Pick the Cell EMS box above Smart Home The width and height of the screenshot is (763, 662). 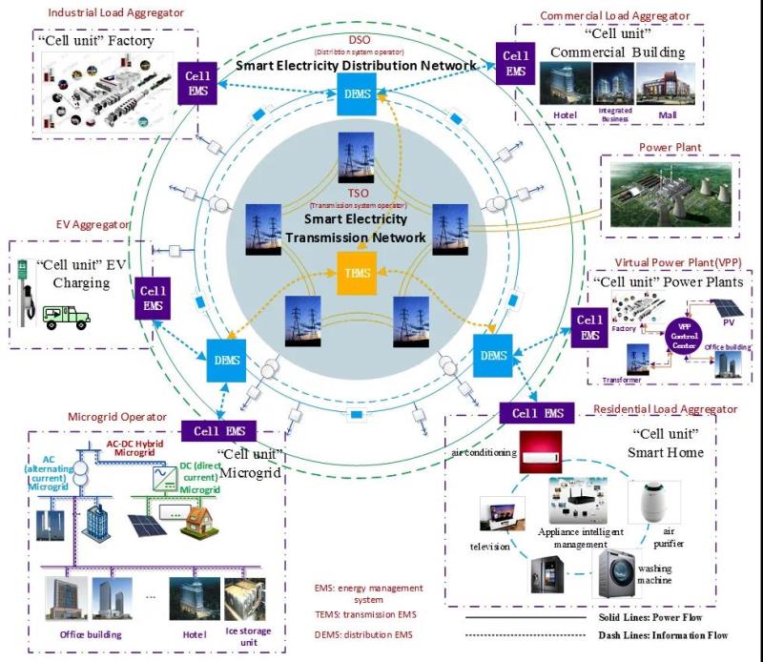pyautogui.click(x=538, y=413)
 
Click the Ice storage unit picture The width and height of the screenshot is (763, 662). pyautogui.click(x=245, y=599)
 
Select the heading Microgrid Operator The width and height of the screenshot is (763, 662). pyautogui.click(x=117, y=418)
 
